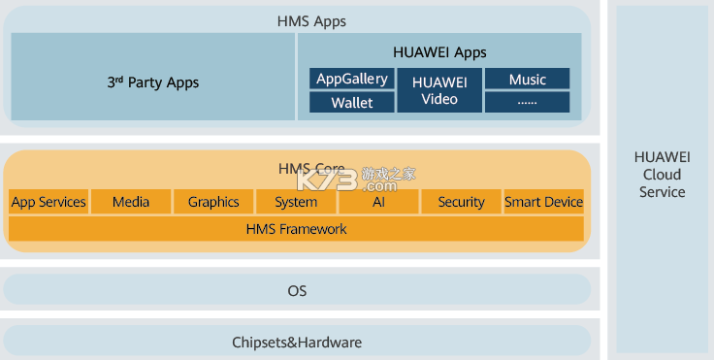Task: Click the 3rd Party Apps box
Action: (x=152, y=82)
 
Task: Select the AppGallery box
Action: (x=352, y=79)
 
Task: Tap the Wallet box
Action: (x=352, y=102)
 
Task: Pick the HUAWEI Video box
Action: (x=439, y=90)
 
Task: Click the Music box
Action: (x=527, y=79)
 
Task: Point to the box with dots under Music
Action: (x=527, y=102)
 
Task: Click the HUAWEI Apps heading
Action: (x=439, y=52)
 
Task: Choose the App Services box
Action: (x=49, y=202)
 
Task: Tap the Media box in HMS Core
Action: (x=131, y=202)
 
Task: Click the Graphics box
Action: (x=213, y=202)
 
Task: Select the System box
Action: (x=296, y=202)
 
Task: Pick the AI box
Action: (x=378, y=202)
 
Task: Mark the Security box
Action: (x=461, y=202)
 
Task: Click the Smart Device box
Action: (x=543, y=202)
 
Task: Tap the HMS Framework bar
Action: (x=297, y=229)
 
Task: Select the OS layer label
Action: (x=297, y=290)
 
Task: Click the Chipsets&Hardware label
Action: (x=297, y=342)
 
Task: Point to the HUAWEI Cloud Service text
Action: (x=662, y=175)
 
